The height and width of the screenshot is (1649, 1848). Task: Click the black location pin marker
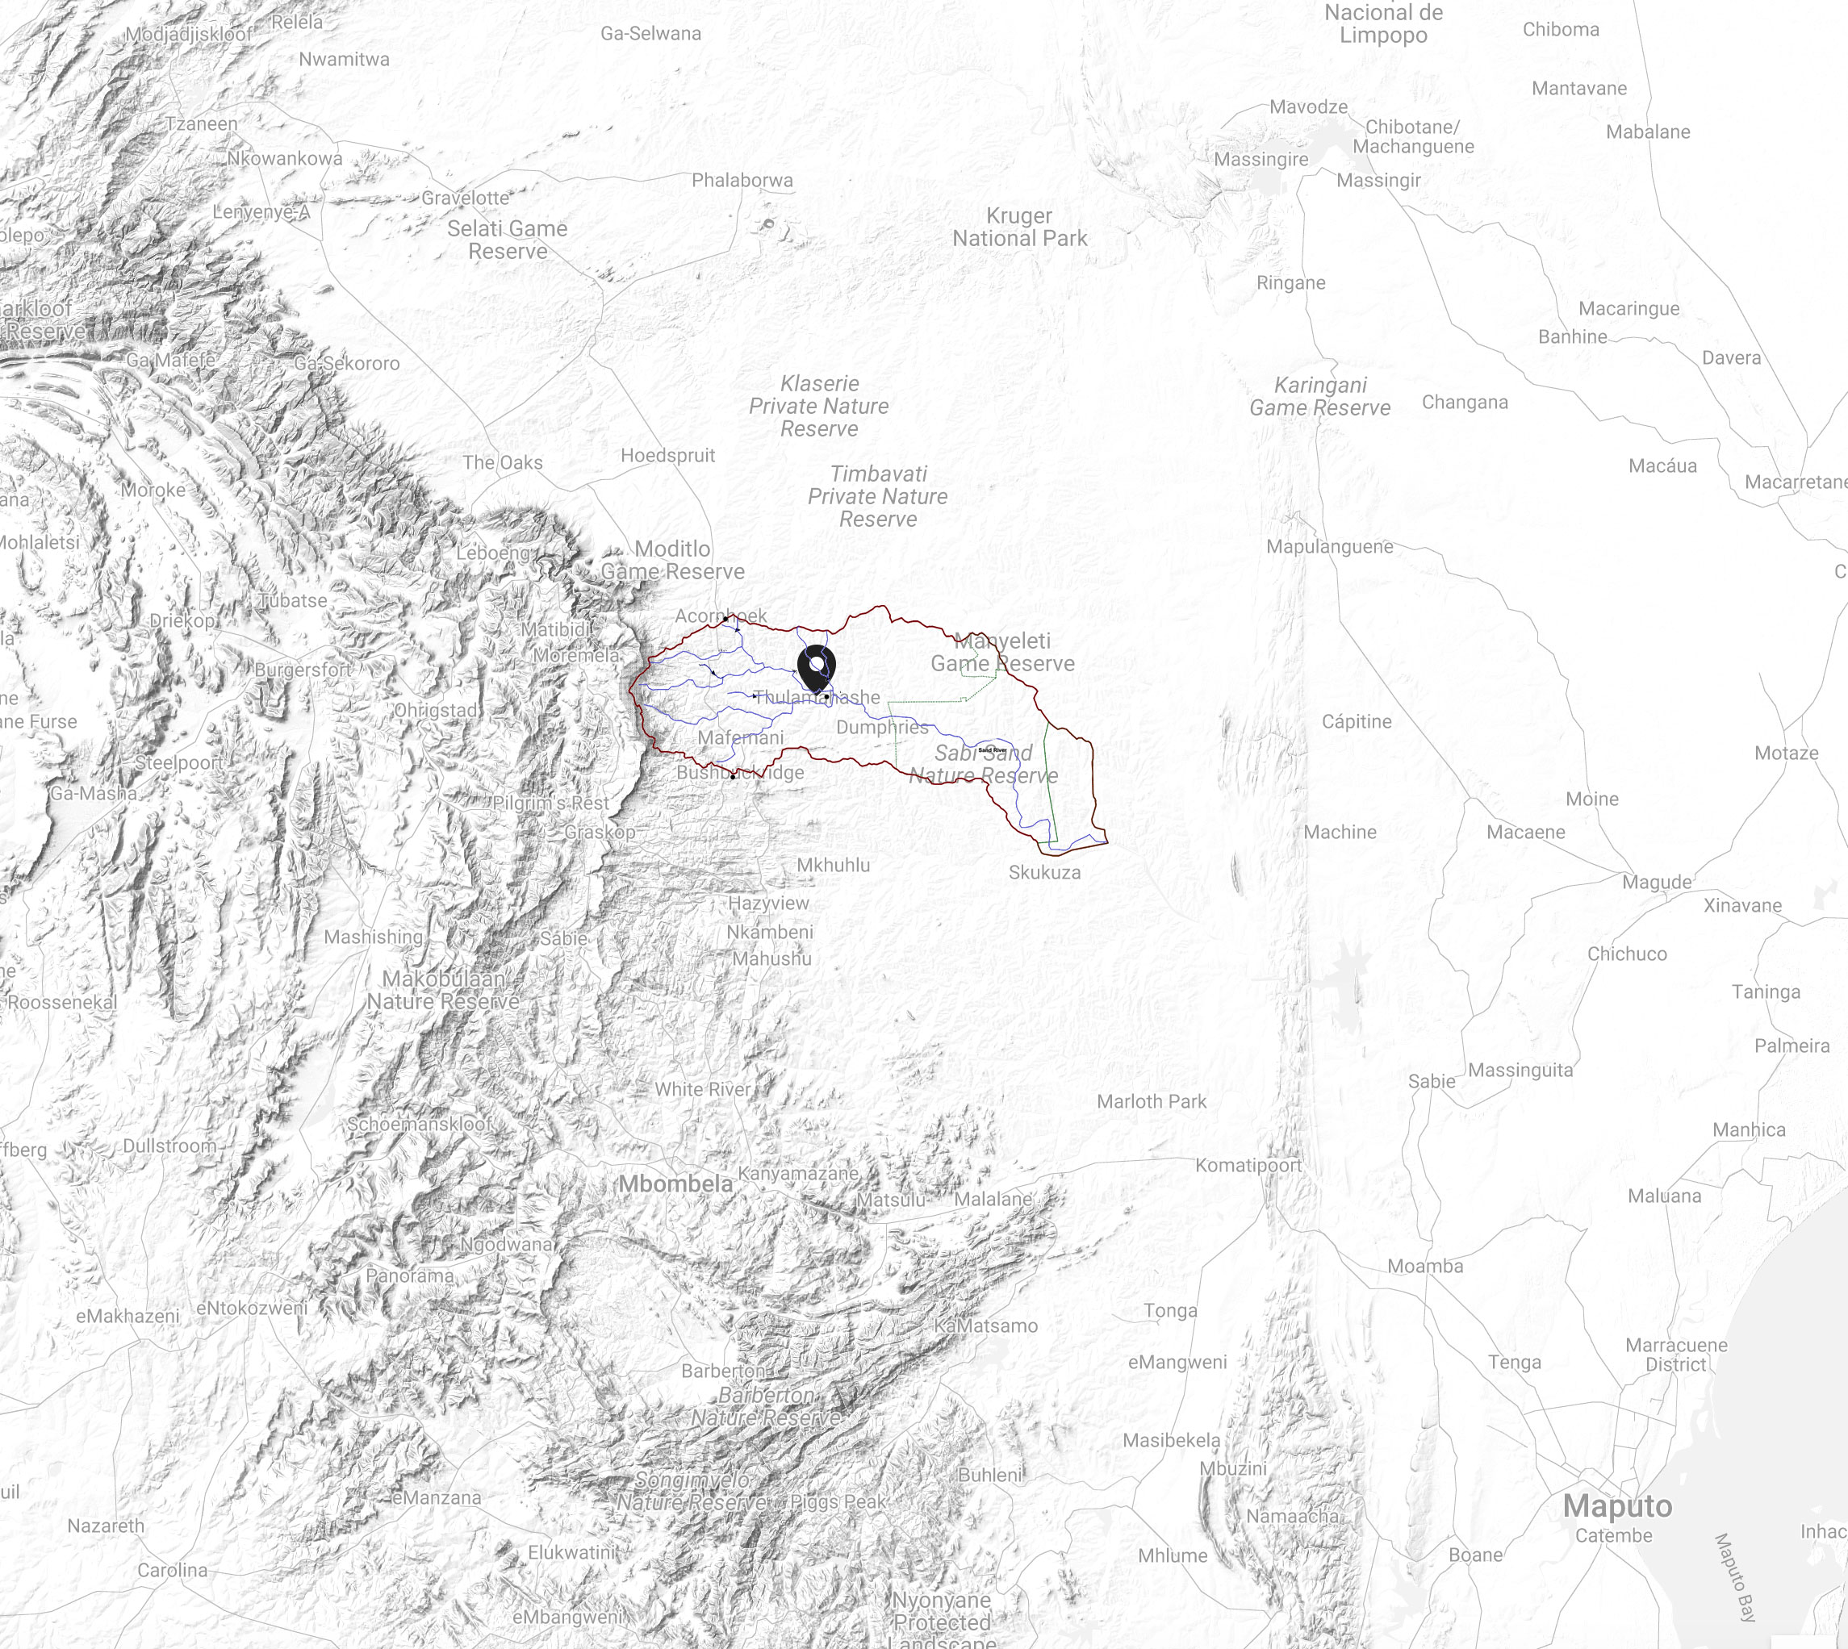point(817,668)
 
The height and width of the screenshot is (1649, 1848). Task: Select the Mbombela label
point(675,1184)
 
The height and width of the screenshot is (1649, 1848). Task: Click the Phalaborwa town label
point(742,180)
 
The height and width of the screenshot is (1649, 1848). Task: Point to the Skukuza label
point(1044,873)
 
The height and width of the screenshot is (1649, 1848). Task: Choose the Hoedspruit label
point(667,455)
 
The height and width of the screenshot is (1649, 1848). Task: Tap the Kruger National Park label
point(1018,228)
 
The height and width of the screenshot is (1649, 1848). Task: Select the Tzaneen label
point(201,124)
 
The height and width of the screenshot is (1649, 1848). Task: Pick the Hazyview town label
point(767,904)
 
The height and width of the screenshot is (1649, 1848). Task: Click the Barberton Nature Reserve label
point(766,1406)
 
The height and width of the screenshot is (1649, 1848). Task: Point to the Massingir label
point(1378,180)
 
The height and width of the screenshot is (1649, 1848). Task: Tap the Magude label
point(1656,883)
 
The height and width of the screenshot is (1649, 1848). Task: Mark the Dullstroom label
point(169,1146)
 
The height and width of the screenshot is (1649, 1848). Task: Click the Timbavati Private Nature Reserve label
point(877,496)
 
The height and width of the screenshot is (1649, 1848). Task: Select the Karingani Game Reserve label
point(1319,397)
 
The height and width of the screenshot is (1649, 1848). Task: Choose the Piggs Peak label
point(838,1501)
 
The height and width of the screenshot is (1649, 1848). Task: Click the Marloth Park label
point(1151,1102)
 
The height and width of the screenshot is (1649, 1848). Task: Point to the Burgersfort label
point(302,670)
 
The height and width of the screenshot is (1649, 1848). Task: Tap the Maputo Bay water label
point(1735,1576)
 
